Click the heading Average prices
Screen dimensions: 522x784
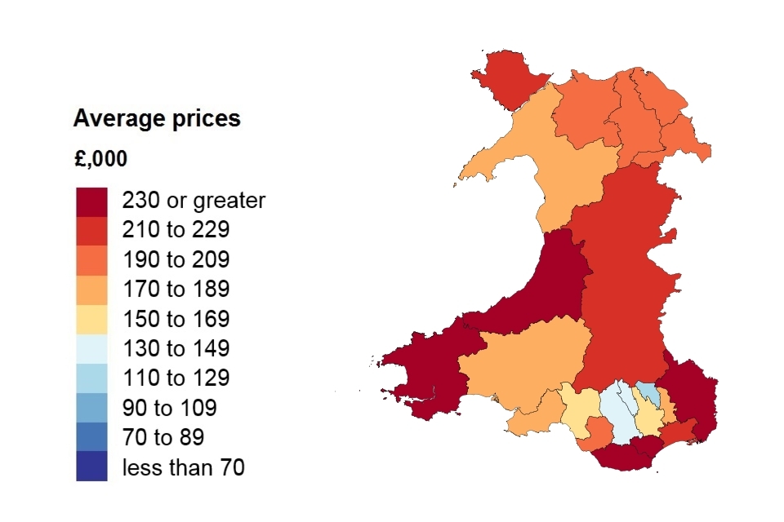157,119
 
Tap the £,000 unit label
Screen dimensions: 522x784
100,159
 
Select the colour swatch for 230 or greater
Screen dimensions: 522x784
91,201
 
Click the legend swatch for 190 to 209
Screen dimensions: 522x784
91,260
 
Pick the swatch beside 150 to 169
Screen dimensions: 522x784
91,319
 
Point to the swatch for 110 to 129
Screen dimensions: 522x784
91,378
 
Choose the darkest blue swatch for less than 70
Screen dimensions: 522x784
91,467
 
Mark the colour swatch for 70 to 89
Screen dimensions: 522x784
91,438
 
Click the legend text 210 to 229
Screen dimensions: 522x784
176,230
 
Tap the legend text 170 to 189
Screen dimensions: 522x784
176,290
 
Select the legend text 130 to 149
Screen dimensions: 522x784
176,349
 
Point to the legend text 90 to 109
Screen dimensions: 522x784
169,408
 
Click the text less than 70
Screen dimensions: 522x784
183,467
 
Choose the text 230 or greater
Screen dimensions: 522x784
194,201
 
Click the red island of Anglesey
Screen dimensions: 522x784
509,78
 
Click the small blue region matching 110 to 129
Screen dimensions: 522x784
646,391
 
